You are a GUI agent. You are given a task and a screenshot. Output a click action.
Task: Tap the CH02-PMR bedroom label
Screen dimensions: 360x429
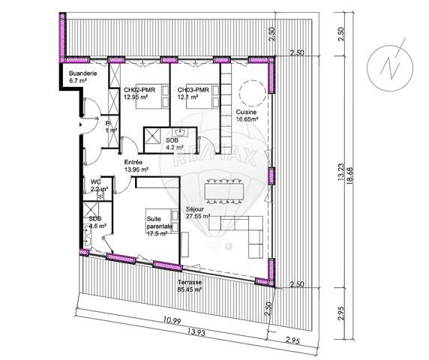point(140,89)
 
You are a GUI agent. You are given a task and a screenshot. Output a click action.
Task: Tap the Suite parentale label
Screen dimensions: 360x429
point(160,222)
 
